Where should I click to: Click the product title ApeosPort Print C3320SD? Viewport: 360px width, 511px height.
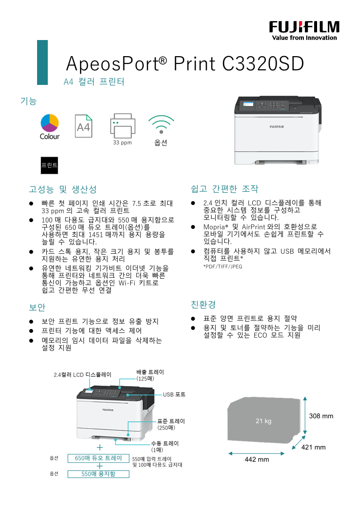point(185,63)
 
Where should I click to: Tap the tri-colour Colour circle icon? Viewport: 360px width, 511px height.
point(50,123)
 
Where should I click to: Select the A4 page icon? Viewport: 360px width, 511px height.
point(83,126)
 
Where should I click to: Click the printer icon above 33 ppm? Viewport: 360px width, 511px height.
point(122,126)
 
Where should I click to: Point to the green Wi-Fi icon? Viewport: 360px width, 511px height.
point(161,124)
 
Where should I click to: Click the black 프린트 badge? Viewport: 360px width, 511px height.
point(49,165)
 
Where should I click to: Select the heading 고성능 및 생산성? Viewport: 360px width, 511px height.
point(63,189)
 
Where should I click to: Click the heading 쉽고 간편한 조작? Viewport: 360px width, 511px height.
point(224,189)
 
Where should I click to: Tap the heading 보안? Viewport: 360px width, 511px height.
point(37,307)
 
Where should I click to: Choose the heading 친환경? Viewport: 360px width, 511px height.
point(203,305)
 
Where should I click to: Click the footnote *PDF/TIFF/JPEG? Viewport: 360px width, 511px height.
point(222,266)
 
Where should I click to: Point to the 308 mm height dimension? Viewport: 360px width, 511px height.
point(321,416)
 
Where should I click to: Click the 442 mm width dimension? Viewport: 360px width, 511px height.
point(257,459)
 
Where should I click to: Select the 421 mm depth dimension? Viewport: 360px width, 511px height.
point(313,448)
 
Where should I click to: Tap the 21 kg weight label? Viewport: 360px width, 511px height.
point(263,421)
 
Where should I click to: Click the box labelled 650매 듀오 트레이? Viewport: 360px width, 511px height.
point(99,458)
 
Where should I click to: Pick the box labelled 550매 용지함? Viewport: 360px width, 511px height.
point(99,474)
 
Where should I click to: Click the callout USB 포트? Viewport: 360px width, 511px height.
point(174,395)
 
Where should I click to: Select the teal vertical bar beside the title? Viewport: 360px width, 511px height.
point(42,62)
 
